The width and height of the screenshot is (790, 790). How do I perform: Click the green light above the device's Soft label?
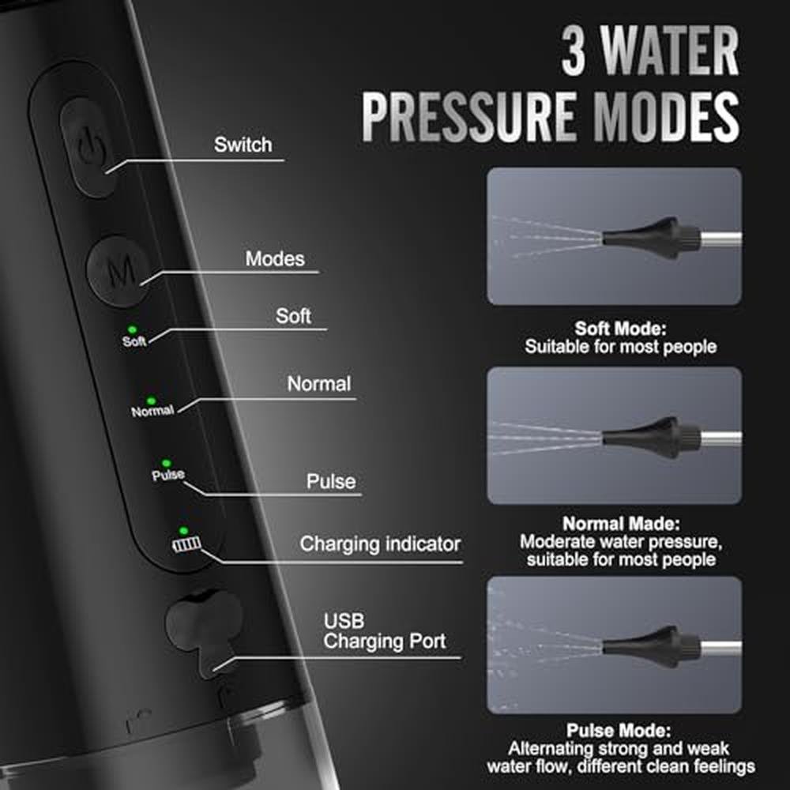click(132, 330)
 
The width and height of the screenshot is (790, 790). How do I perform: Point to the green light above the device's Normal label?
click(151, 401)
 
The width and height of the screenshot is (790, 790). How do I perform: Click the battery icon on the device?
click(186, 544)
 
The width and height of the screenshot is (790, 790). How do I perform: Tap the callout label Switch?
click(243, 145)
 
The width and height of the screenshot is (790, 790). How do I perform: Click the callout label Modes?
click(275, 259)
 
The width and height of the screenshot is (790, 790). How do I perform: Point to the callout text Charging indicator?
click(380, 544)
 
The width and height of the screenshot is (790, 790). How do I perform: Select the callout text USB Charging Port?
click(385, 631)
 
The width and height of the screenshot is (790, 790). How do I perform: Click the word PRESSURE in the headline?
click(468, 116)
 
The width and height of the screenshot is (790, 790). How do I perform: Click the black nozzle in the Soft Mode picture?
click(651, 237)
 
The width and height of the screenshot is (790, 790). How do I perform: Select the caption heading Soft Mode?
click(621, 329)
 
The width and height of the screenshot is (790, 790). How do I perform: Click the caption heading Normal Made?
click(621, 524)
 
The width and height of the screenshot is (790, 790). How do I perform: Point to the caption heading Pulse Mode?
click(619, 730)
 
